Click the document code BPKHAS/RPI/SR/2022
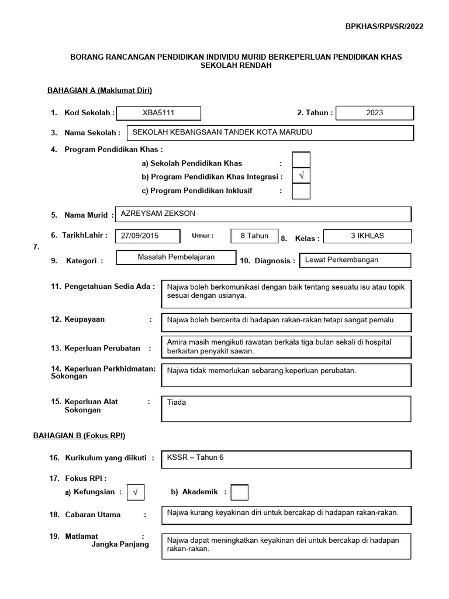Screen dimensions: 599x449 coord(384,26)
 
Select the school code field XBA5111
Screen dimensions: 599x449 coord(158,113)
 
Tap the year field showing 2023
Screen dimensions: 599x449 coord(375,113)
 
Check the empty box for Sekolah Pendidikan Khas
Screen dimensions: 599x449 coord(301,160)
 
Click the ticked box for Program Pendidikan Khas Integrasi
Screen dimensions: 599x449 coord(301,176)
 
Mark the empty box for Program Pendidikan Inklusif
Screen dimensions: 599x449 coord(301,191)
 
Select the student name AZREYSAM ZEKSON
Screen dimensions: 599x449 coord(263,214)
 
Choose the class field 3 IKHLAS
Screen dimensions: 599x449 coord(367,236)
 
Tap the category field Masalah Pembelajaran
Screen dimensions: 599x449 coord(176,257)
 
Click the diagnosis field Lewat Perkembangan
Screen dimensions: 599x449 coord(355,260)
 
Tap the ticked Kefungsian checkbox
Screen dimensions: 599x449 coord(135,493)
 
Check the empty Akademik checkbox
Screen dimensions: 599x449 coord(240,493)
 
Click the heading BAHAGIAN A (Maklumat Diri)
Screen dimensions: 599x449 coord(99,90)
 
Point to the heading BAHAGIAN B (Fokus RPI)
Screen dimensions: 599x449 coord(86,436)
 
